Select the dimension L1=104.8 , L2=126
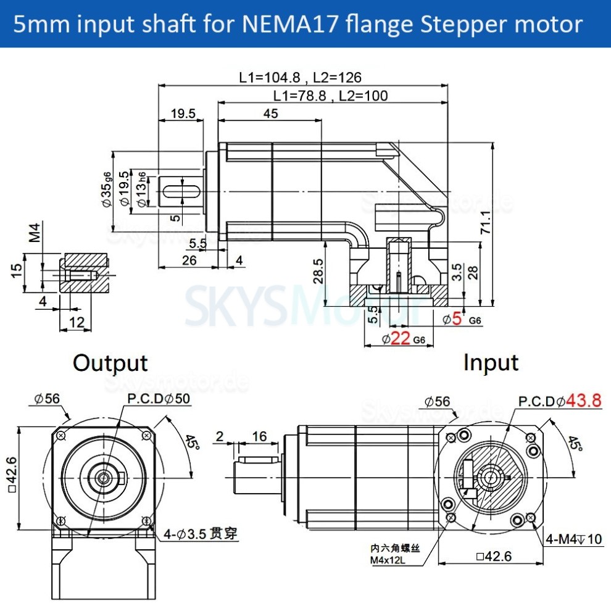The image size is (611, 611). point(300,77)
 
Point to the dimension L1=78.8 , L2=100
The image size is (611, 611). point(331,96)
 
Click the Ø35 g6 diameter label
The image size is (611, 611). point(107,189)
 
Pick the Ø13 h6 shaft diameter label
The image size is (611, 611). point(143,190)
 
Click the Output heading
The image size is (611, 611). point(110,363)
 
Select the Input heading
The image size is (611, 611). point(491,363)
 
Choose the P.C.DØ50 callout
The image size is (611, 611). point(159,399)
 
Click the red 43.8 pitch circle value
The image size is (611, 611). point(583,401)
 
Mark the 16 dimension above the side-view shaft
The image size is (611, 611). point(259,437)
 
